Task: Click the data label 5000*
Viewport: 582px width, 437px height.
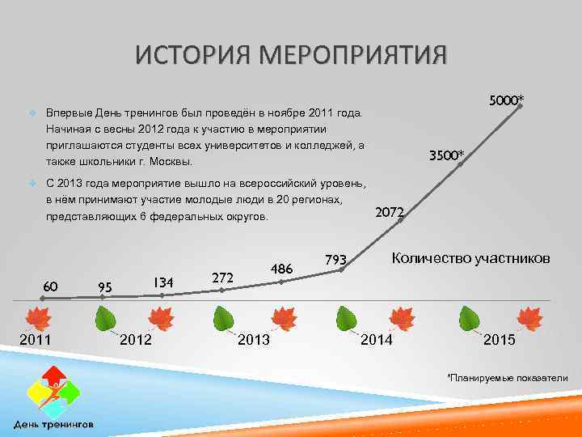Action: (506, 100)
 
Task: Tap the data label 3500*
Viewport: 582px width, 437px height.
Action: (446, 155)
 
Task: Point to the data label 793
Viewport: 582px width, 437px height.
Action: (335, 260)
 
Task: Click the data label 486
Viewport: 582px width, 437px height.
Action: (281, 269)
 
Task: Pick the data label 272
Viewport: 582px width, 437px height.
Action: (222, 278)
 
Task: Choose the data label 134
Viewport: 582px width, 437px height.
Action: (163, 282)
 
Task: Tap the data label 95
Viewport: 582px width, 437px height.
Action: (104, 287)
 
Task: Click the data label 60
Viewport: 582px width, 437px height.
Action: (50, 286)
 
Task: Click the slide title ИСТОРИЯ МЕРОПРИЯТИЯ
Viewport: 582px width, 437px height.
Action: (290, 57)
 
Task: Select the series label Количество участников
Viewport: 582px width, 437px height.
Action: (470, 258)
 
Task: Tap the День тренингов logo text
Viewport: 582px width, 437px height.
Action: (53, 424)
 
